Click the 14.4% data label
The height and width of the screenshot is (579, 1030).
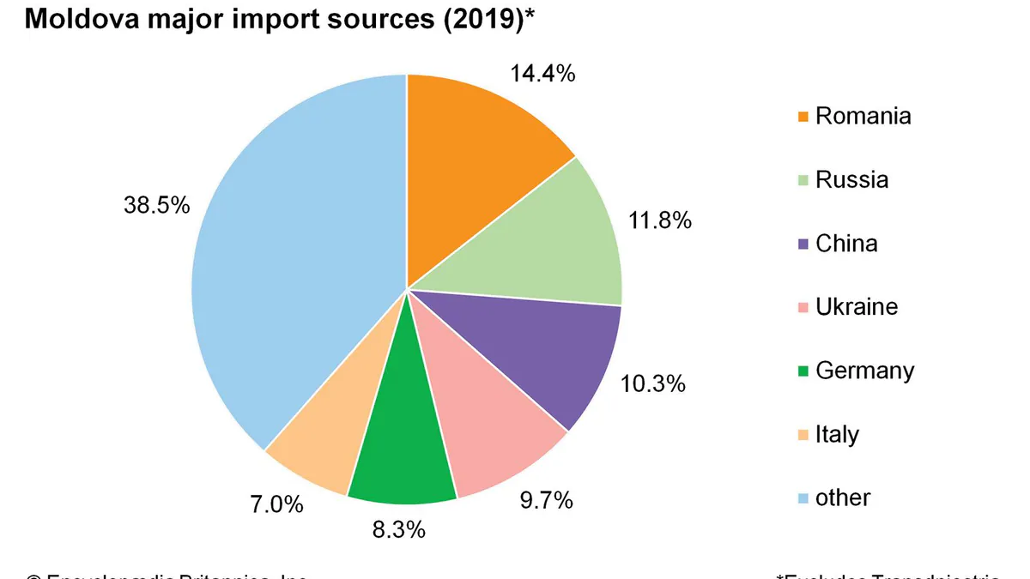click(542, 74)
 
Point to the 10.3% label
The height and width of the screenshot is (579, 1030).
click(652, 383)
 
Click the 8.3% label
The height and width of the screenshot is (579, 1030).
click(398, 530)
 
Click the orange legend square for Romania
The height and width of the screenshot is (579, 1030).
click(803, 117)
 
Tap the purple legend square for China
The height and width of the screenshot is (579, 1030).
click(803, 244)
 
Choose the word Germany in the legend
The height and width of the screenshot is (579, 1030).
click(864, 371)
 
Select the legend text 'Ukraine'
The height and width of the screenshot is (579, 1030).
click(857, 307)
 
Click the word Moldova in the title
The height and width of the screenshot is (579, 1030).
click(76, 20)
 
